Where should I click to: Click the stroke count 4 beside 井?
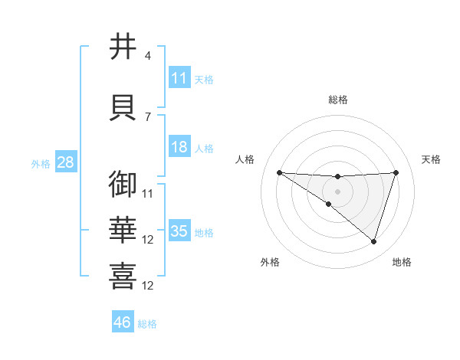click(x=148, y=56)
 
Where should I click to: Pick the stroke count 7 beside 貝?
click(x=148, y=117)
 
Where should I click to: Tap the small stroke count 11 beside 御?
click(x=149, y=194)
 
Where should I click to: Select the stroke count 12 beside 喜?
click(x=149, y=286)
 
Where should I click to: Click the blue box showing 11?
click(x=179, y=78)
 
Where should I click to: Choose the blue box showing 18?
click(x=179, y=147)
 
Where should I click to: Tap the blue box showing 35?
click(x=179, y=231)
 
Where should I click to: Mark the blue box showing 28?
click(x=65, y=162)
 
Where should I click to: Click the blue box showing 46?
click(x=123, y=322)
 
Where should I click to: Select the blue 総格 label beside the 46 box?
click(x=147, y=324)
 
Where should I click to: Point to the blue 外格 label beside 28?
click(x=41, y=163)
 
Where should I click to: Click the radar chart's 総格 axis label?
click(x=337, y=100)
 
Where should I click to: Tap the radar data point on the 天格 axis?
click(x=396, y=172)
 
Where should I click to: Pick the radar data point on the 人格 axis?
click(x=279, y=172)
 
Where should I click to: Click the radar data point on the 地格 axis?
click(x=374, y=241)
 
